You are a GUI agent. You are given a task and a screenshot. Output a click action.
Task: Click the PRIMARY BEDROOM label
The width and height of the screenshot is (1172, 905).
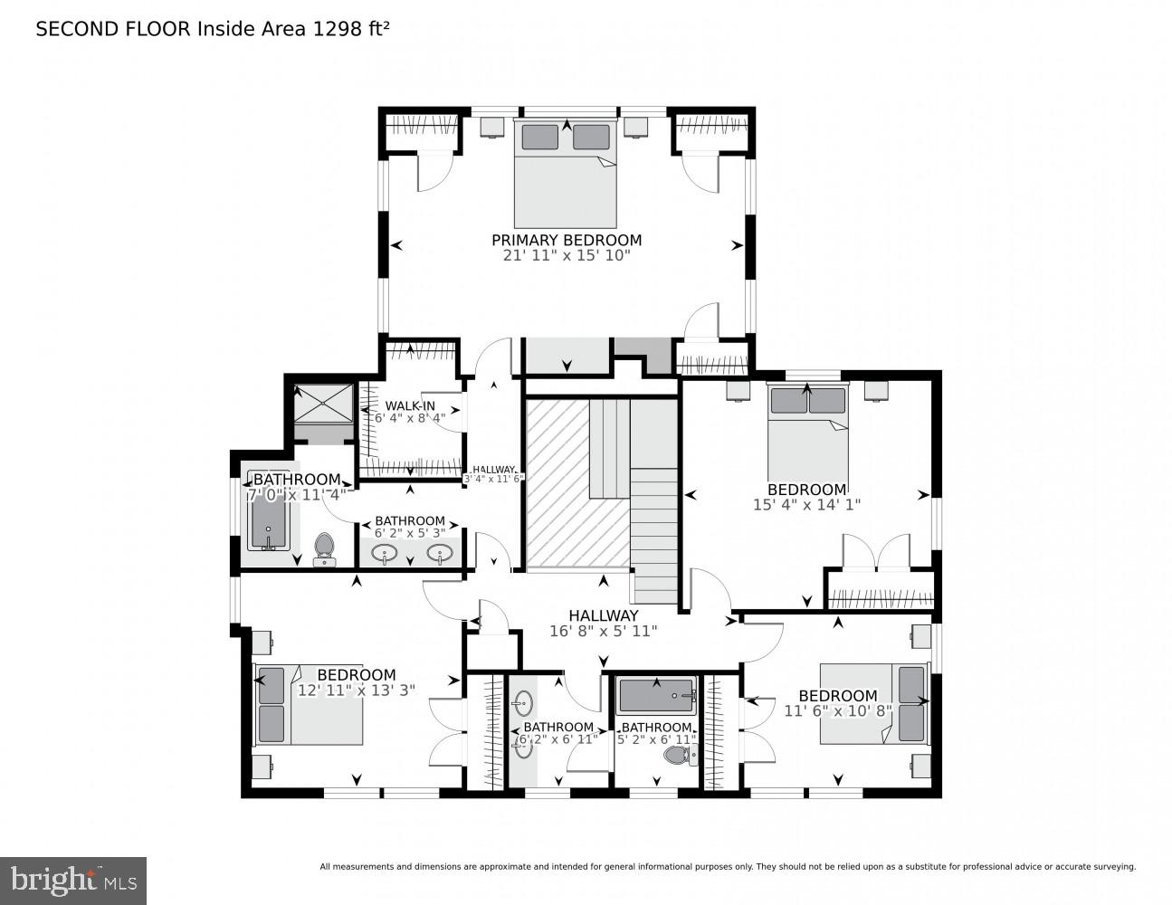click(566, 240)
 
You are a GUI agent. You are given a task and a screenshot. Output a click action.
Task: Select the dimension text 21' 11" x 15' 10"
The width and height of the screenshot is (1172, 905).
click(566, 256)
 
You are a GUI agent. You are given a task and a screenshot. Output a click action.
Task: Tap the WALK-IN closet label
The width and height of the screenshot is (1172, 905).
click(410, 405)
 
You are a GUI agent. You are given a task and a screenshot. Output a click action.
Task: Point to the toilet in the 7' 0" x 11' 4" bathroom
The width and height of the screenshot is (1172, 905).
click(323, 547)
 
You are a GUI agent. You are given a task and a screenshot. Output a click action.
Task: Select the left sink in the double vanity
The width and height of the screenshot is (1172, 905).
click(385, 553)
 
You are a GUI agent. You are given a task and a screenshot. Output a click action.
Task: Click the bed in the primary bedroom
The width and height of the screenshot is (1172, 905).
click(566, 174)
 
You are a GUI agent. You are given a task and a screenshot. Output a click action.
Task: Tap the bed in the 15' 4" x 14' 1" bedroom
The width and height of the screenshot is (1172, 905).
click(807, 431)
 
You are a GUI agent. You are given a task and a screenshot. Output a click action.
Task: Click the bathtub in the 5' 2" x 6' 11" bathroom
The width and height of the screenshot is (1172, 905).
click(655, 697)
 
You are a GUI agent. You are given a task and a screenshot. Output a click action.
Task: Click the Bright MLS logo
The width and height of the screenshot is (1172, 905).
click(72, 879)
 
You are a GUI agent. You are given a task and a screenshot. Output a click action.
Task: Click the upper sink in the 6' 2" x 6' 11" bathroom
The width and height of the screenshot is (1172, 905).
click(524, 702)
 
